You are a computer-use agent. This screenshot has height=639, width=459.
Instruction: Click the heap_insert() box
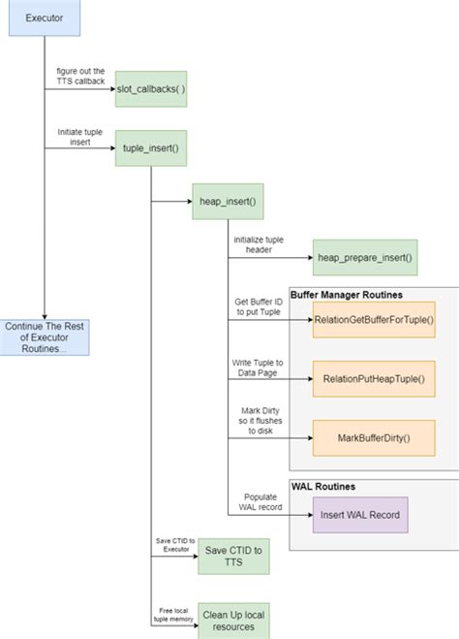point(228,201)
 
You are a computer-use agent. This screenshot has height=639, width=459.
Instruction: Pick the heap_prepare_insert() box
point(364,257)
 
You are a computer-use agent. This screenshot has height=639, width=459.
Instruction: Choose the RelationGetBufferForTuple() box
point(373,319)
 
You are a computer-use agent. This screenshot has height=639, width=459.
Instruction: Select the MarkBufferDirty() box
point(373,437)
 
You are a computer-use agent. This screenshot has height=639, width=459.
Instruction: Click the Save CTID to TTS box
point(232,558)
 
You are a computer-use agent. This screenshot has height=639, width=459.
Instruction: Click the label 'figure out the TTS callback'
point(85,77)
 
